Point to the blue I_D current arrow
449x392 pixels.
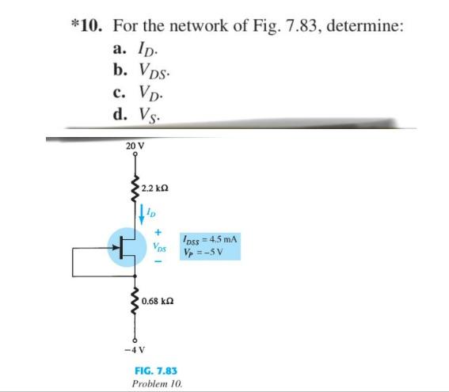click(143, 211)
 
